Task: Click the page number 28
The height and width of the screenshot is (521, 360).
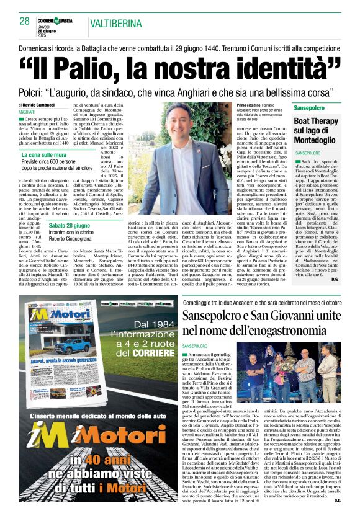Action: (x=24, y=20)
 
